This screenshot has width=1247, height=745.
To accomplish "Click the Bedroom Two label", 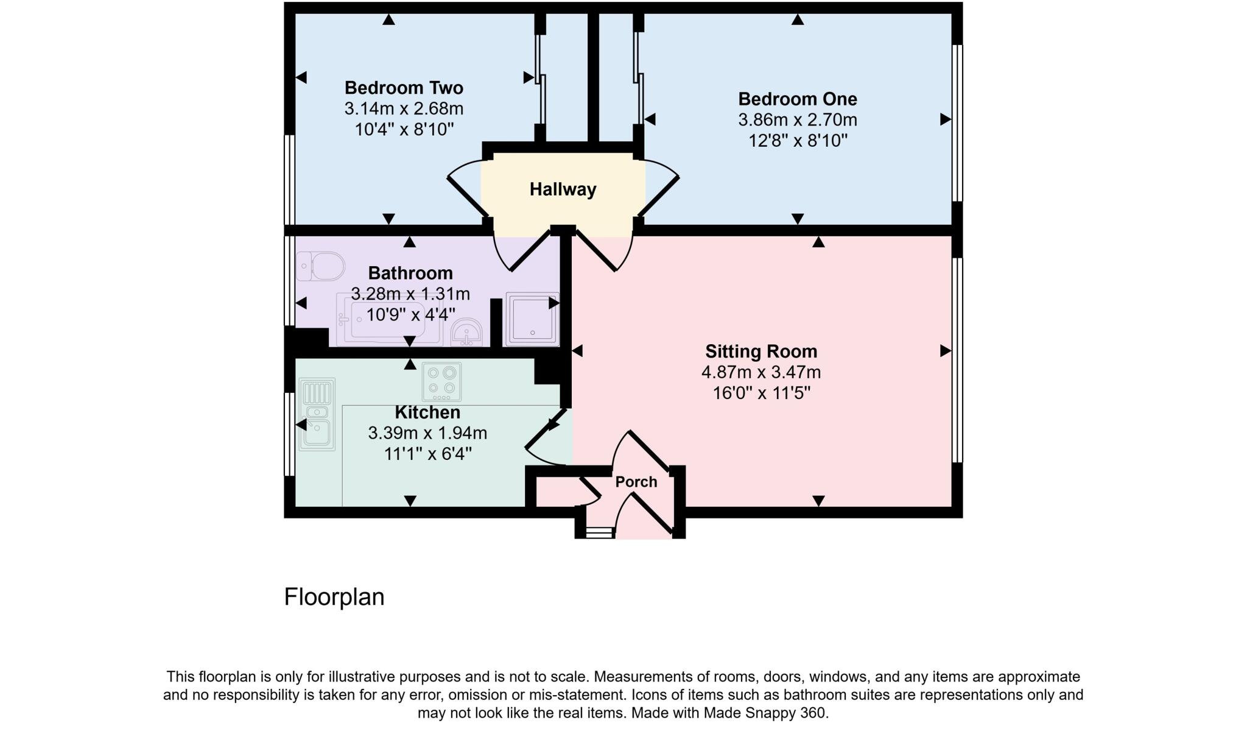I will pyautogui.click(x=404, y=88).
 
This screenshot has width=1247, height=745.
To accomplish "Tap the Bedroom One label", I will pyautogui.click(x=797, y=99).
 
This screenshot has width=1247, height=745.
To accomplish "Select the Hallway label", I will pyautogui.click(x=563, y=189).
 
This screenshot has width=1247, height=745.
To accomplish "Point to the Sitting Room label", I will pyautogui.click(x=760, y=351).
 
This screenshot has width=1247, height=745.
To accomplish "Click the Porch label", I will pyautogui.click(x=636, y=482).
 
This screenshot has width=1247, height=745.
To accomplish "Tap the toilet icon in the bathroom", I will pyautogui.click(x=321, y=267).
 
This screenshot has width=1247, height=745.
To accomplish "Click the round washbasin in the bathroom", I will pyautogui.click(x=467, y=333).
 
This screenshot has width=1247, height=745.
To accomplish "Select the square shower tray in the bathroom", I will pyautogui.click(x=532, y=319).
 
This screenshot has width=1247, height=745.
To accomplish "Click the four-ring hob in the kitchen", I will pyautogui.click(x=441, y=380).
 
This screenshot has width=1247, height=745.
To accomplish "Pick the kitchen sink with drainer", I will pyautogui.click(x=317, y=414).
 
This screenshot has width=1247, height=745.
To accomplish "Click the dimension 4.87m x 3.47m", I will pyautogui.click(x=760, y=372).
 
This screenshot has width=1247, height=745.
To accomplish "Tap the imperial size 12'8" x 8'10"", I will pyautogui.click(x=797, y=141).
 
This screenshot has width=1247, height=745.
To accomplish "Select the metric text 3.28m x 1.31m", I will pyautogui.click(x=410, y=294).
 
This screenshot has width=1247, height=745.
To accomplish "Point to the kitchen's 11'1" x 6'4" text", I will pyautogui.click(x=427, y=454).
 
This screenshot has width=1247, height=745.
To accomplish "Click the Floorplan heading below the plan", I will pyautogui.click(x=334, y=597).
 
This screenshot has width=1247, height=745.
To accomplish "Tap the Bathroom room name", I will pyautogui.click(x=410, y=273).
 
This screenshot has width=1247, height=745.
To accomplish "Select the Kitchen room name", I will pyautogui.click(x=427, y=412).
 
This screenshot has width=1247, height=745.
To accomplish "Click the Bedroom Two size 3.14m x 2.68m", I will pyautogui.click(x=404, y=109).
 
